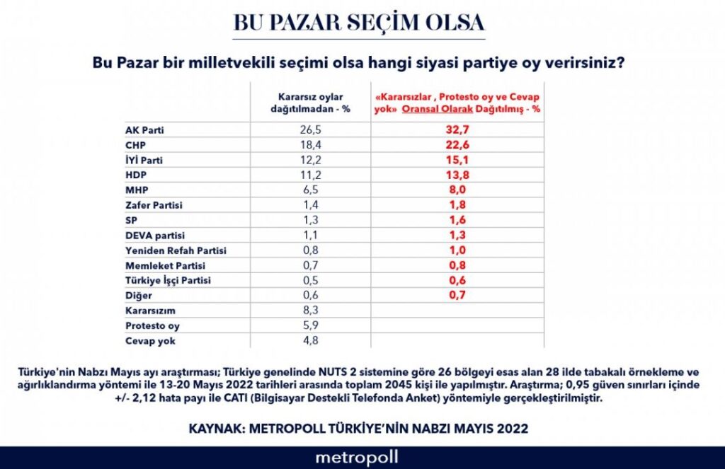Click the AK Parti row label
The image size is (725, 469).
[x=144, y=130]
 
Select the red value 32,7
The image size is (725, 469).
[x=457, y=130]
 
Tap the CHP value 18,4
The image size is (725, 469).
[x=312, y=145]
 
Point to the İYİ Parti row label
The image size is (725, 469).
[x=144, y=160]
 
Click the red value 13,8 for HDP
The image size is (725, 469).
[x=457, y=175]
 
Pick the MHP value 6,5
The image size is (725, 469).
[x=312, y=190]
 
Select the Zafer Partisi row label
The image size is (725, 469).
[x=153, y=205]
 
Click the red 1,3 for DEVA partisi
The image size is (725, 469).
[x=457, y=235]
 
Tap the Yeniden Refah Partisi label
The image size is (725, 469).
[x=176, y=250]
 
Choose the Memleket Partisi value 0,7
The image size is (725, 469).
[x=312, y=265]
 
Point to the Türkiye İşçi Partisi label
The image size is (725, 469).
[x=168, y=280]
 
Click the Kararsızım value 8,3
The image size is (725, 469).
[x=312, y=310]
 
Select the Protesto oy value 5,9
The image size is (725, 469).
[x=312, y=325]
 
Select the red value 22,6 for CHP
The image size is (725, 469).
[x=457, y=145]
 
